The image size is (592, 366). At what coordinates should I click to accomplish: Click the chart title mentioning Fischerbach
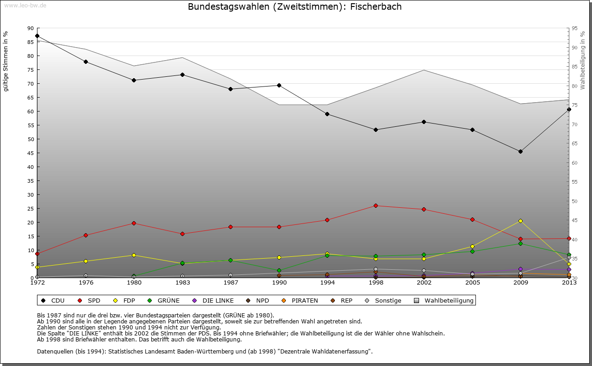295,7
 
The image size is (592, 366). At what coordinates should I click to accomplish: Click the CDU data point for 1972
37,36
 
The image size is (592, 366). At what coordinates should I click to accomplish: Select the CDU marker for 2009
520,151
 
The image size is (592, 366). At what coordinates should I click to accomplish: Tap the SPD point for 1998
376,205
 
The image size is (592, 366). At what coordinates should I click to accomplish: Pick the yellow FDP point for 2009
520,221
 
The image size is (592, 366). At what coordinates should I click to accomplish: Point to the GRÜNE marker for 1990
279,270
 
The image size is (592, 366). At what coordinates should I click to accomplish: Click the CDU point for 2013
569,110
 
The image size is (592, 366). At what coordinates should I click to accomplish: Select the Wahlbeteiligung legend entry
444,300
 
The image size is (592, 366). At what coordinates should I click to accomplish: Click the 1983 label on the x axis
182,282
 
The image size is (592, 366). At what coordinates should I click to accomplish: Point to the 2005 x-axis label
472,282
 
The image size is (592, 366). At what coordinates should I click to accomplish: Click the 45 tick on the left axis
31,153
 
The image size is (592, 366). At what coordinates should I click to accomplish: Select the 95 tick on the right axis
574,28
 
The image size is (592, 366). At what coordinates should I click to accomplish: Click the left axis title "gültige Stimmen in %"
6,61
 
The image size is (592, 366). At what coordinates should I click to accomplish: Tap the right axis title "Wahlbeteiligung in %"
583,60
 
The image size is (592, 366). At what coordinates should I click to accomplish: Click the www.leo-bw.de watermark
25,5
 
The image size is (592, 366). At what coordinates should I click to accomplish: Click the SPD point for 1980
134,223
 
